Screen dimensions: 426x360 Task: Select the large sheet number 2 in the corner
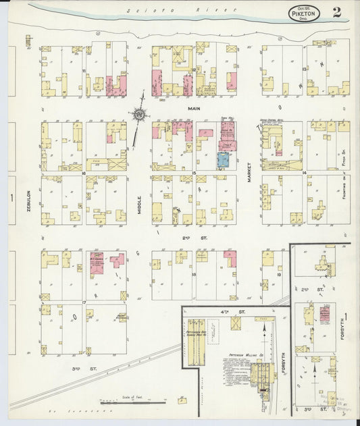(x=336, y=11)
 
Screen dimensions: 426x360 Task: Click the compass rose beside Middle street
(x=140, y=115)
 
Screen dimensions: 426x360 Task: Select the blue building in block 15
(x=223, y=160)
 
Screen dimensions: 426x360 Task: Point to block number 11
(x=84, y=70)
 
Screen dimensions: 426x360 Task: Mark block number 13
(x=305, y=70)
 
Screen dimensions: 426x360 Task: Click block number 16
(x=84, y=173)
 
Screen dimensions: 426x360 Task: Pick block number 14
(x=305, y=173)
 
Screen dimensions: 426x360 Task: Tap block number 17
(x=84, y=302)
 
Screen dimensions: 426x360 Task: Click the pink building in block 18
(x=230, y=258)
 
